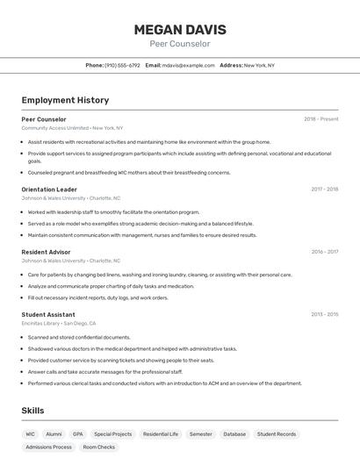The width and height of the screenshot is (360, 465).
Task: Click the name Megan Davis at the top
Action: point(179,29)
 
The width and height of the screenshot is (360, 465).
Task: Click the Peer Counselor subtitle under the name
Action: point(179,44)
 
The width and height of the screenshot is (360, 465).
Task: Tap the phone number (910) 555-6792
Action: point(122,65)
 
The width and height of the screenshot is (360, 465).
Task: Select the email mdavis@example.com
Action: point(188,65)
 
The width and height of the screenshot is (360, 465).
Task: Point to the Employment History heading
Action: point(65,100)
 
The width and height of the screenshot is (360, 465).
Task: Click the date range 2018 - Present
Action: point(320,118)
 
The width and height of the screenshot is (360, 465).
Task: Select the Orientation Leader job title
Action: point(49,190)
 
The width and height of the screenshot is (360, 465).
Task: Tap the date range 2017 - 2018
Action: point(324,190)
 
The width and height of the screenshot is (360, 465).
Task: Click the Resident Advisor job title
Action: point(46,252)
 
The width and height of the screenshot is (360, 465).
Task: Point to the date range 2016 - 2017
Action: point(324,252)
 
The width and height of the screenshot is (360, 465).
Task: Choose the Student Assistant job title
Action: point(48,314)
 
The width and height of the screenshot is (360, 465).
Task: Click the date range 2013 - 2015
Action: point(324,314)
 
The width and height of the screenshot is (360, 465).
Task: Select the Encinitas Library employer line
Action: point(59,323)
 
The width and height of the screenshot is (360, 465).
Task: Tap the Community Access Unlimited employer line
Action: point(72,127)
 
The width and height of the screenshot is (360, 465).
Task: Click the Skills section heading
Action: point(33,411)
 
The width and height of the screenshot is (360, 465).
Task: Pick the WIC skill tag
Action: point(31,433)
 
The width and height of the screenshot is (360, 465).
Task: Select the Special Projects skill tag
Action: point(112,433)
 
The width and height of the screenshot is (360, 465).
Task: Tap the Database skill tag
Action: point(234,433)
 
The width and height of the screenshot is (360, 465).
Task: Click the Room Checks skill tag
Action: point(98,447)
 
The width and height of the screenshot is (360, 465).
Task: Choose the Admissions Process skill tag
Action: point(49,447)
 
